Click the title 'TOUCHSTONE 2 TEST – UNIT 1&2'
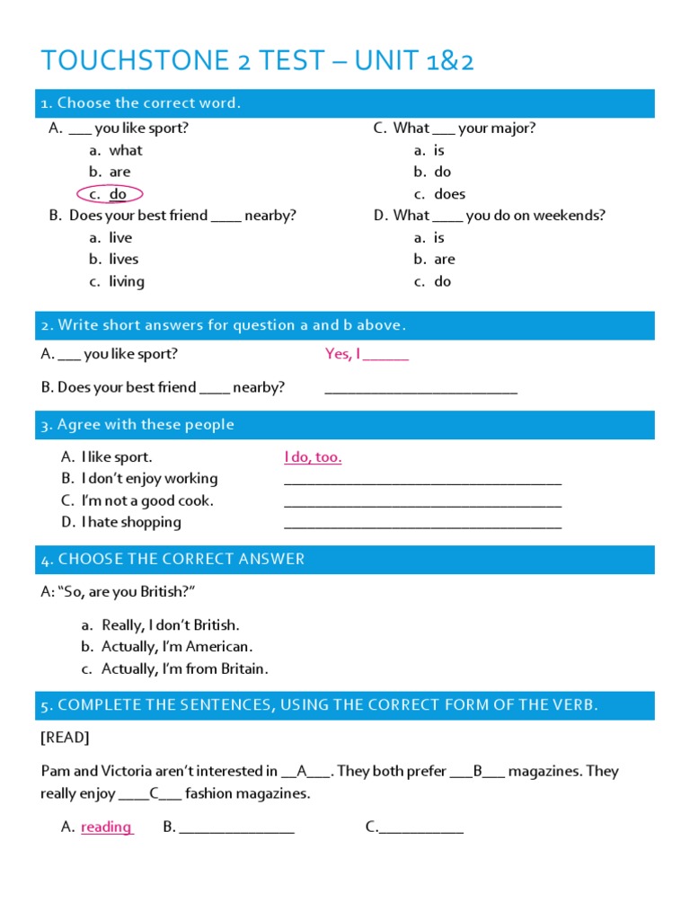257,61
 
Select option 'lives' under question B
123,259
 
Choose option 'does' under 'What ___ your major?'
449,194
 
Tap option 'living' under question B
126,281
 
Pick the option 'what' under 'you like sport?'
125,150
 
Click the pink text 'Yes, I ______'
367,354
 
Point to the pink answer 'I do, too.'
313,457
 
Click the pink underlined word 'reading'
106,827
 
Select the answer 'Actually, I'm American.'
177,647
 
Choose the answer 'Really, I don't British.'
171,625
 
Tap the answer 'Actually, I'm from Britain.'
184,668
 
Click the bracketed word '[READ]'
65,738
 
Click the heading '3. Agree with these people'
137,425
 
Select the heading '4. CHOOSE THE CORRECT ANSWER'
172,560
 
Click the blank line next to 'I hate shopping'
422,525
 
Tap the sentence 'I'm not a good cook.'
147,500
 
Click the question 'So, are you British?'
119,592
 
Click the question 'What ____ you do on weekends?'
499,216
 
